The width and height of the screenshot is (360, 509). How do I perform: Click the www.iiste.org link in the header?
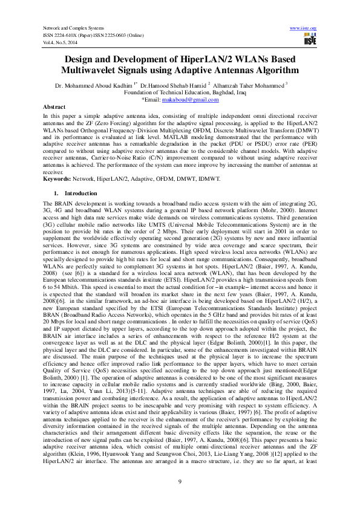coord(304,28)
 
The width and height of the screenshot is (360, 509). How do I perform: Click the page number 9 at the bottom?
coord(180,481)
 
